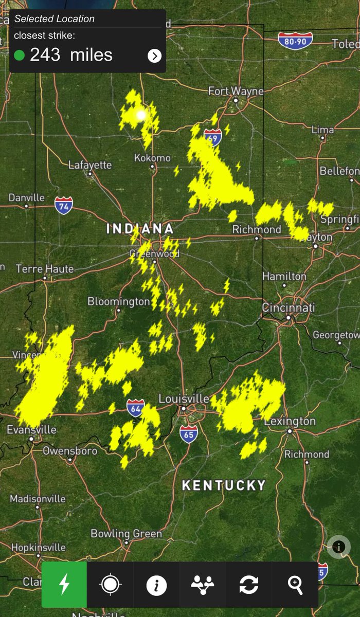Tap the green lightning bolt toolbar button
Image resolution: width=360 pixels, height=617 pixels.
coord(64,585)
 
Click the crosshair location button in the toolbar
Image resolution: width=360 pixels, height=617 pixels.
coord(110,585)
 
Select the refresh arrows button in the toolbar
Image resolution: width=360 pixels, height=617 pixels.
coord(248,585)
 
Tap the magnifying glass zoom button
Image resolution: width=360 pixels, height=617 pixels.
coord(295,585)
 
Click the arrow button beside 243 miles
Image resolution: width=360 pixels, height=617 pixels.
coord(154,56)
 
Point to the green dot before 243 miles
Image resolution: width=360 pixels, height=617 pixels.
coord(20,55)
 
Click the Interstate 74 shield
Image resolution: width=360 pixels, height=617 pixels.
coord(64,205)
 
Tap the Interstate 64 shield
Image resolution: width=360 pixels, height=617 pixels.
coord(136,407)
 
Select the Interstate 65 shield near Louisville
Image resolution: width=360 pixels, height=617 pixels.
coord(189,433)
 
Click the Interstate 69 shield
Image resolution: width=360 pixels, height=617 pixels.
coord(212,137)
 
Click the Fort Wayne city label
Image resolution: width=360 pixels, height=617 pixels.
coord(236,91)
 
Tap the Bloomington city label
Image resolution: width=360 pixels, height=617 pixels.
coord(118,301)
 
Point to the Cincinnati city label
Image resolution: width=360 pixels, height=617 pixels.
coord(288,307)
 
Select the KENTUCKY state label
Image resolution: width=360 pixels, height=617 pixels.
coord(224,485)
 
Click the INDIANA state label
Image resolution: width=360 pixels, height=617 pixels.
coord(139,229)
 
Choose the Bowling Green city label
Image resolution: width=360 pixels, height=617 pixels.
coord(127,533)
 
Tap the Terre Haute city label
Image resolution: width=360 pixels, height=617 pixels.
coord(45,268)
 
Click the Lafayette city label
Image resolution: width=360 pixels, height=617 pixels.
coord(90,165)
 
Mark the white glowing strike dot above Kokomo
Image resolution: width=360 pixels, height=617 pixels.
coord(141,116)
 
